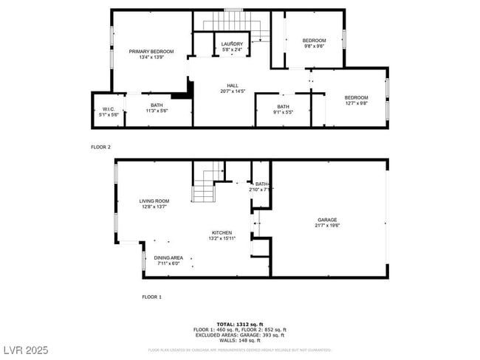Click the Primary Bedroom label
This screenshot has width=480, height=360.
click(x=151, y=51)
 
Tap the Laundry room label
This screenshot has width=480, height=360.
click(x=232, y=44)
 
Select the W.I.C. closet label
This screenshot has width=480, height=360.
click(x=109, y=110)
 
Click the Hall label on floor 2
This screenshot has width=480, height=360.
click(x=233, y=86)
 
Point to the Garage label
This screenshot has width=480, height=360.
click(x=327, y=220)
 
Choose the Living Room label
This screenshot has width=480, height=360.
click(x=154, y=201)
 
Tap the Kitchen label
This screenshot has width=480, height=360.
click(x=222, y=232)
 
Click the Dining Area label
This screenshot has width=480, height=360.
click(x=168, y=257)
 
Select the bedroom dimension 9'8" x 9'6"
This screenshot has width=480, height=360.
click(x=314, y=46)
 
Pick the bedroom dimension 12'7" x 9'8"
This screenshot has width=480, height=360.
click(x=356, y=103)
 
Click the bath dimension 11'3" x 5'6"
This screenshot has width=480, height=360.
click(x=157, y=111)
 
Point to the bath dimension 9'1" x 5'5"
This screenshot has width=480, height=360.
click(x=284, y=112)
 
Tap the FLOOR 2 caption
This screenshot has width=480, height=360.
click(x=100, y=148)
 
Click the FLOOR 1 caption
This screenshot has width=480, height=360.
click(x=151, y=297)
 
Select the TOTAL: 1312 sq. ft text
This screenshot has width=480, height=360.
click(x=240, y=324)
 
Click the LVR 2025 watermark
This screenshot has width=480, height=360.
click(x=27, y=347)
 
